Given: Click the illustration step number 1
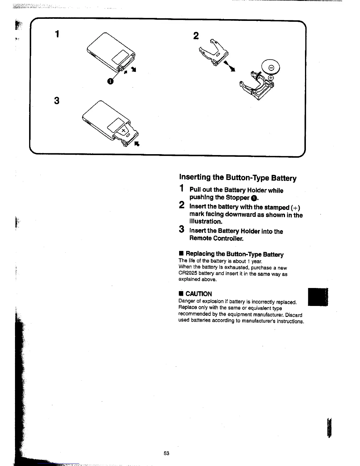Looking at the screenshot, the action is tap(57, 34).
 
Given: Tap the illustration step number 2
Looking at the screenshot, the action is tap(196, 36).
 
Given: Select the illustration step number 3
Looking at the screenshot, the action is tap(57, 101).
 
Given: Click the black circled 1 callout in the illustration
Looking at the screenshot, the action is tap(110, 81).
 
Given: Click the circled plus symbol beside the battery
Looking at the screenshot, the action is tap(271, 78).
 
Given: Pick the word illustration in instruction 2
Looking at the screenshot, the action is tap(206, 222).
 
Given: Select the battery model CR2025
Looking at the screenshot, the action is tap(188, 274).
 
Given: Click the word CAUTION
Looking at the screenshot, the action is tap(199, 294).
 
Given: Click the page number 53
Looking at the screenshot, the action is tap(166, 453).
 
